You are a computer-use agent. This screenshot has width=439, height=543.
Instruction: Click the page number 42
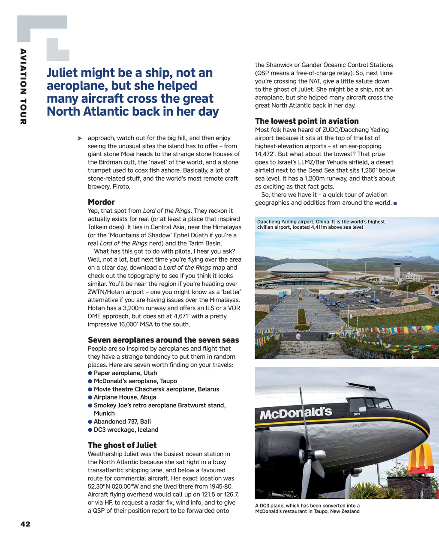pos(25,524)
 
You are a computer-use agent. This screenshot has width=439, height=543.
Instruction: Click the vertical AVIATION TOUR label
pos(23,87)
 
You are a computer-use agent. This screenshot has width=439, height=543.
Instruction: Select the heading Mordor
pos(101,202)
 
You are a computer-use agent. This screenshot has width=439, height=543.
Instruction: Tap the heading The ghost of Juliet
pos(122,445)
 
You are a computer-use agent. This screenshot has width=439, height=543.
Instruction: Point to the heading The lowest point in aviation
pos(307,121)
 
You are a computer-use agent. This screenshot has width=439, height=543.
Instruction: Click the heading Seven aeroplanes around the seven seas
pos(163,340)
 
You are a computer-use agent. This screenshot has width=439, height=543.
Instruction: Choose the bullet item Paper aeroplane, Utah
pos(125,373)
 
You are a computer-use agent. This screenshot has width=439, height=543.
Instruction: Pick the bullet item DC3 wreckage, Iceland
pos(126,430)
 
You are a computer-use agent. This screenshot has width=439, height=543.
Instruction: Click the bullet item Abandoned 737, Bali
pos(122,422)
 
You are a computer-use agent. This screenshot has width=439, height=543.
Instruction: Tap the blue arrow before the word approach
pos(80,138)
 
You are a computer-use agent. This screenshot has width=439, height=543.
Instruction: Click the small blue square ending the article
pos(395,203)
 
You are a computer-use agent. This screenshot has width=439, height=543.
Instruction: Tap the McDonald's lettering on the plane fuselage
pos(296,413)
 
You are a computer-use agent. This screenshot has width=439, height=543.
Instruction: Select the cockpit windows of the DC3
pos(370,404)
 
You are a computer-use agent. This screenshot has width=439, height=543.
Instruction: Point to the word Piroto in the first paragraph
pos(121,187)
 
